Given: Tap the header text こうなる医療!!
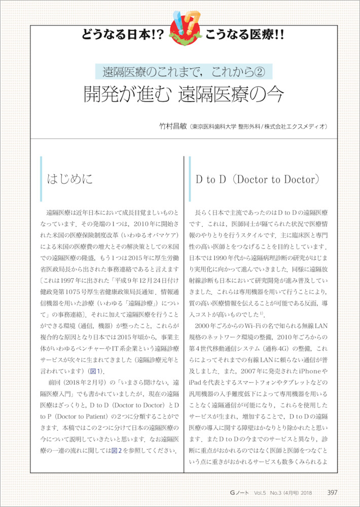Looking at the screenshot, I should [244, 35].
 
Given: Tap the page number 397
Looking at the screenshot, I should [332, 492].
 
